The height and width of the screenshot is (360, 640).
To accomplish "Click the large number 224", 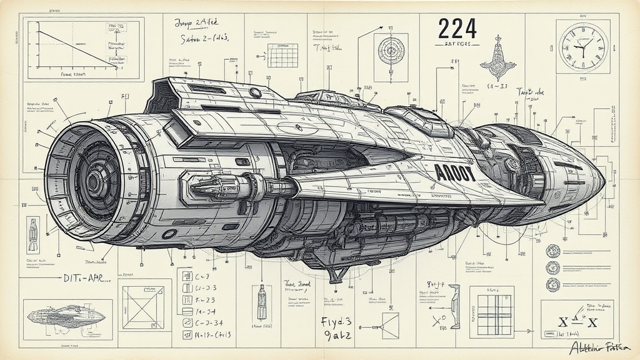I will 457,29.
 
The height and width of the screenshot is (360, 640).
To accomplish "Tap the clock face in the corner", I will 582,46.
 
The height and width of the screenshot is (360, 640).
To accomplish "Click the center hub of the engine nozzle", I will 94,182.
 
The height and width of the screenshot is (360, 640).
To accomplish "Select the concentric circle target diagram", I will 391,49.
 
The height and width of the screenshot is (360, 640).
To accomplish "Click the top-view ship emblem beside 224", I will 499,61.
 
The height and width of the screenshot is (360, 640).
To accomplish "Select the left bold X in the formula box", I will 562,323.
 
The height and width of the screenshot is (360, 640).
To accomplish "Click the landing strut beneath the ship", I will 338,275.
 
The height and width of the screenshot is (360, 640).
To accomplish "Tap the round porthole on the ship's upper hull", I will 255,92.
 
